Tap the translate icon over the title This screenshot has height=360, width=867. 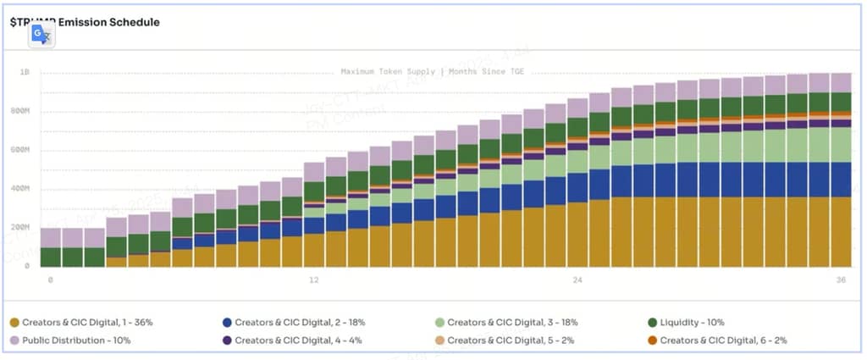pos(41,35)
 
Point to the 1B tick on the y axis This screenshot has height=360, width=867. pos(25,73)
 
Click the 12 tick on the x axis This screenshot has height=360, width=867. pos(314,280)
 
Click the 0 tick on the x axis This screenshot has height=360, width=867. pos(51,280)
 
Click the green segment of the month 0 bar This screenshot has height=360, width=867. pos(51,258)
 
